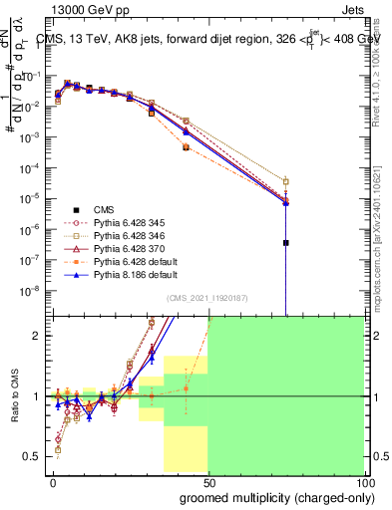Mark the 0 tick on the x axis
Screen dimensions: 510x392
[53, 481]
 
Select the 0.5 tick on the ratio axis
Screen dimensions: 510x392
[31, 456]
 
